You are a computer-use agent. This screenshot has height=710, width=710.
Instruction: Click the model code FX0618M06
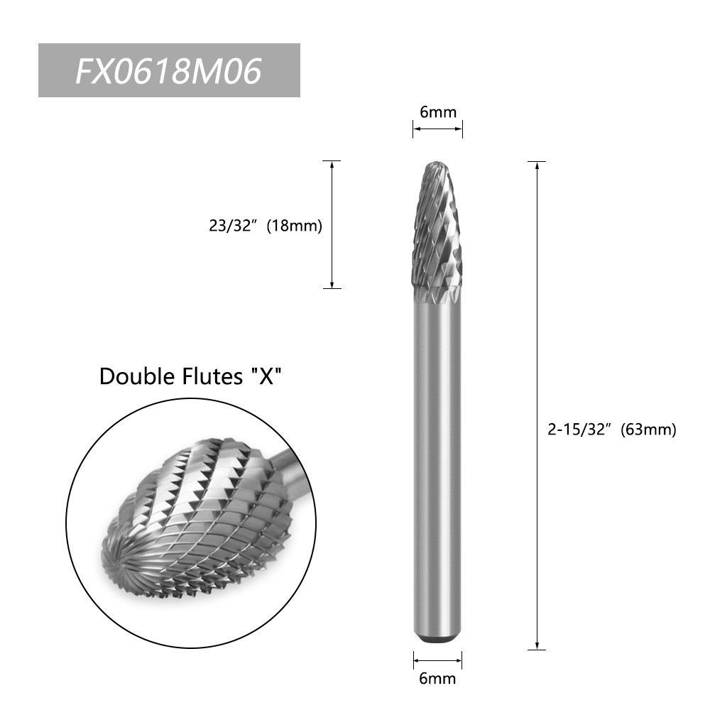point(168,71)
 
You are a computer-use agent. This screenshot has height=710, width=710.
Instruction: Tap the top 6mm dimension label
point(438,112)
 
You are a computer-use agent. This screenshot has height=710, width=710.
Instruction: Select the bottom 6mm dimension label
point(437,678)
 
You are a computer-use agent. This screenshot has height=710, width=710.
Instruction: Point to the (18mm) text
point(295,226)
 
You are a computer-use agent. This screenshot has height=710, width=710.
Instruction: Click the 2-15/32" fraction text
point(579,429)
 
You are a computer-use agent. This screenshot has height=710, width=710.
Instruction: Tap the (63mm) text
point(648,430)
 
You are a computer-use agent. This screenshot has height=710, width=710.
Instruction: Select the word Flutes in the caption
point(213,376)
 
